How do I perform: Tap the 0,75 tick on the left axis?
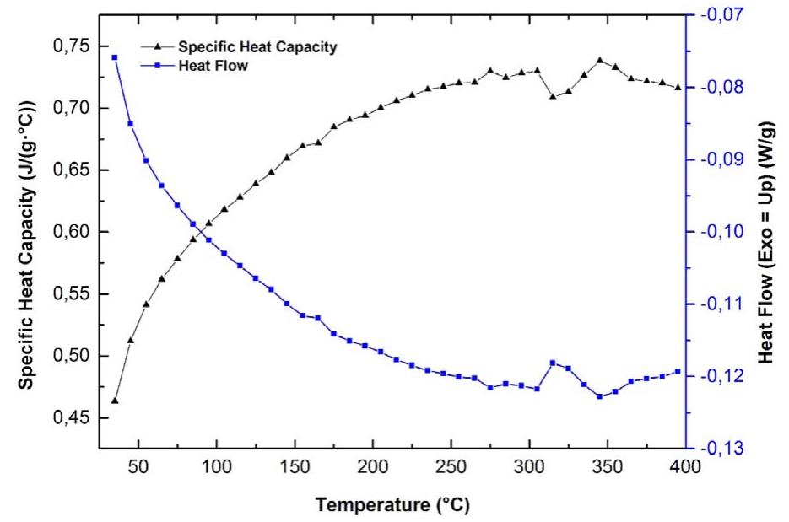click(72, 46)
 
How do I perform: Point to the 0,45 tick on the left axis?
click(72, 418)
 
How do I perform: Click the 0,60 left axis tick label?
click(72, 232)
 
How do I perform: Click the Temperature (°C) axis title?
click(392, 505)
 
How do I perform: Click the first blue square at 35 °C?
click(115, 57)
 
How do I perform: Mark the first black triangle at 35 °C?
click(115, 401)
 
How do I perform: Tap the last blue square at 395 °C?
click(678, 372)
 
